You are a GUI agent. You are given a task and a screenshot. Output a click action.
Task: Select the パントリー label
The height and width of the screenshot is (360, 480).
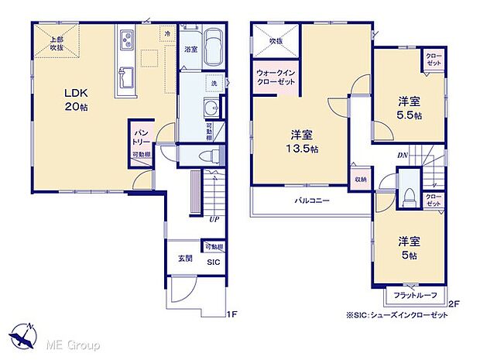click(140, 139)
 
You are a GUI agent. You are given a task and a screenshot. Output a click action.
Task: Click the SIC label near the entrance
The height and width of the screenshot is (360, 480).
click(211, 262)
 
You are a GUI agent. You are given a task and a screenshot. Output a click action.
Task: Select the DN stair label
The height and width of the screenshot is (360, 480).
click(403, 156)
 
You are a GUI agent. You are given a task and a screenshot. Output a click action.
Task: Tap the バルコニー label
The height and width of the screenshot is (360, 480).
click(311, 201)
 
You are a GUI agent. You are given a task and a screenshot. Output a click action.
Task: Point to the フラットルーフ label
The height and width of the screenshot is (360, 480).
click(414, 296)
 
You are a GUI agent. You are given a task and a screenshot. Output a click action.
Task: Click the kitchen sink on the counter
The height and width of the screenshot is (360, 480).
click(125, 77)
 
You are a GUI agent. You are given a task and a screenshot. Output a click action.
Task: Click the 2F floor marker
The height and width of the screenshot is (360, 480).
click(454, 303)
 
